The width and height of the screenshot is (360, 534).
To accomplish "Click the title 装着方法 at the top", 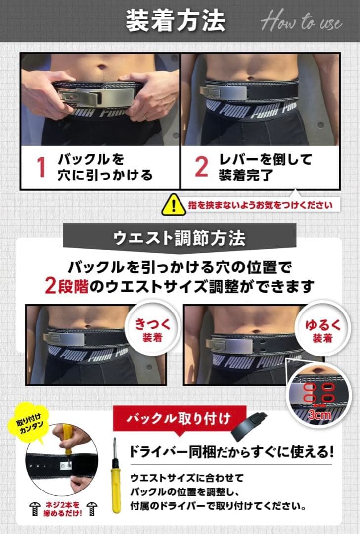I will click(175, 21).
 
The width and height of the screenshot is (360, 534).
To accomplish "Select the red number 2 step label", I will click(201, 167).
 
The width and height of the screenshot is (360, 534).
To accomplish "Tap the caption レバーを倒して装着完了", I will click(266, 167).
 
